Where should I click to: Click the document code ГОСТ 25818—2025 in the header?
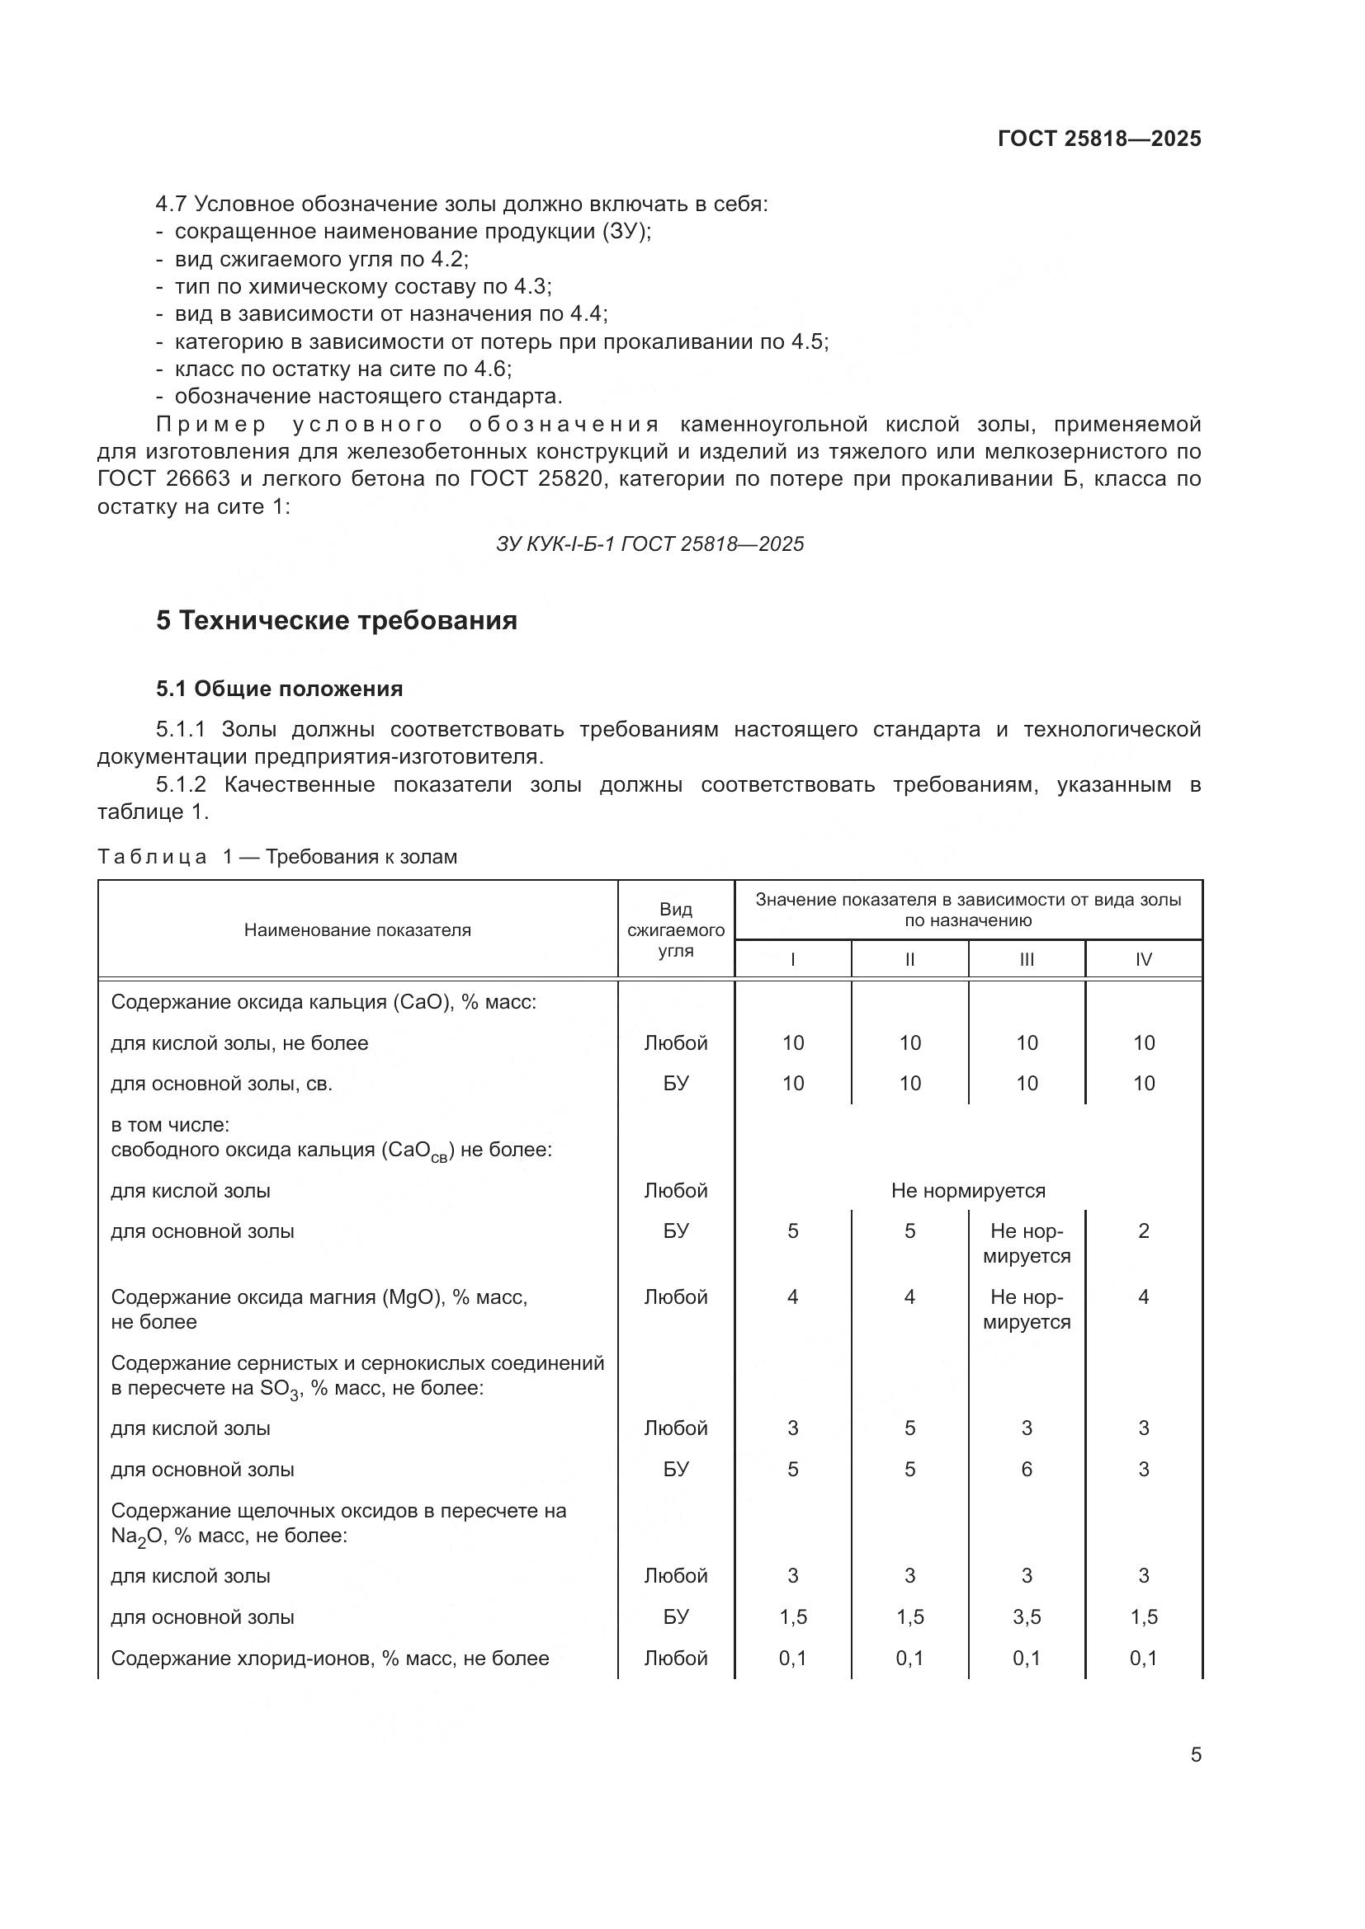[x=1098, y=139]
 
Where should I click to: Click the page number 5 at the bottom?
[x=1195, y=1755]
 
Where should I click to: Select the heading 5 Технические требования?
[x=336, y=621]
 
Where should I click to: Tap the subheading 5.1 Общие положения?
[x=279, y=689]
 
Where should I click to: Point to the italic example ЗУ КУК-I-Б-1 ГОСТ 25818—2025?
[x=649, y=544]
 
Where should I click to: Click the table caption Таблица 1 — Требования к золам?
[x=277, y=857]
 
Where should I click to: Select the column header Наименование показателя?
[x=357, y=930]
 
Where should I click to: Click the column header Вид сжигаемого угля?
[x=676, y=930]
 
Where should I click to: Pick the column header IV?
[x=1143, y=959]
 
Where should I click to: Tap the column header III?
[x=1027, y=959]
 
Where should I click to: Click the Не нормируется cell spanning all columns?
[x=968, y=1191]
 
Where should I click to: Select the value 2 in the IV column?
[x=1143, y=1231]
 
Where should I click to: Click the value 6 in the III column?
[x=1027, y=1470]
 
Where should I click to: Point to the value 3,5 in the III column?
[x=1027, y=1617]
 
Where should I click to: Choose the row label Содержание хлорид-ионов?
[x=329, y=1658]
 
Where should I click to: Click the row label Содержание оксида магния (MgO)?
[x=319, y=1297]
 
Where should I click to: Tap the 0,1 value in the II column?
[x=909, y=1658]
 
